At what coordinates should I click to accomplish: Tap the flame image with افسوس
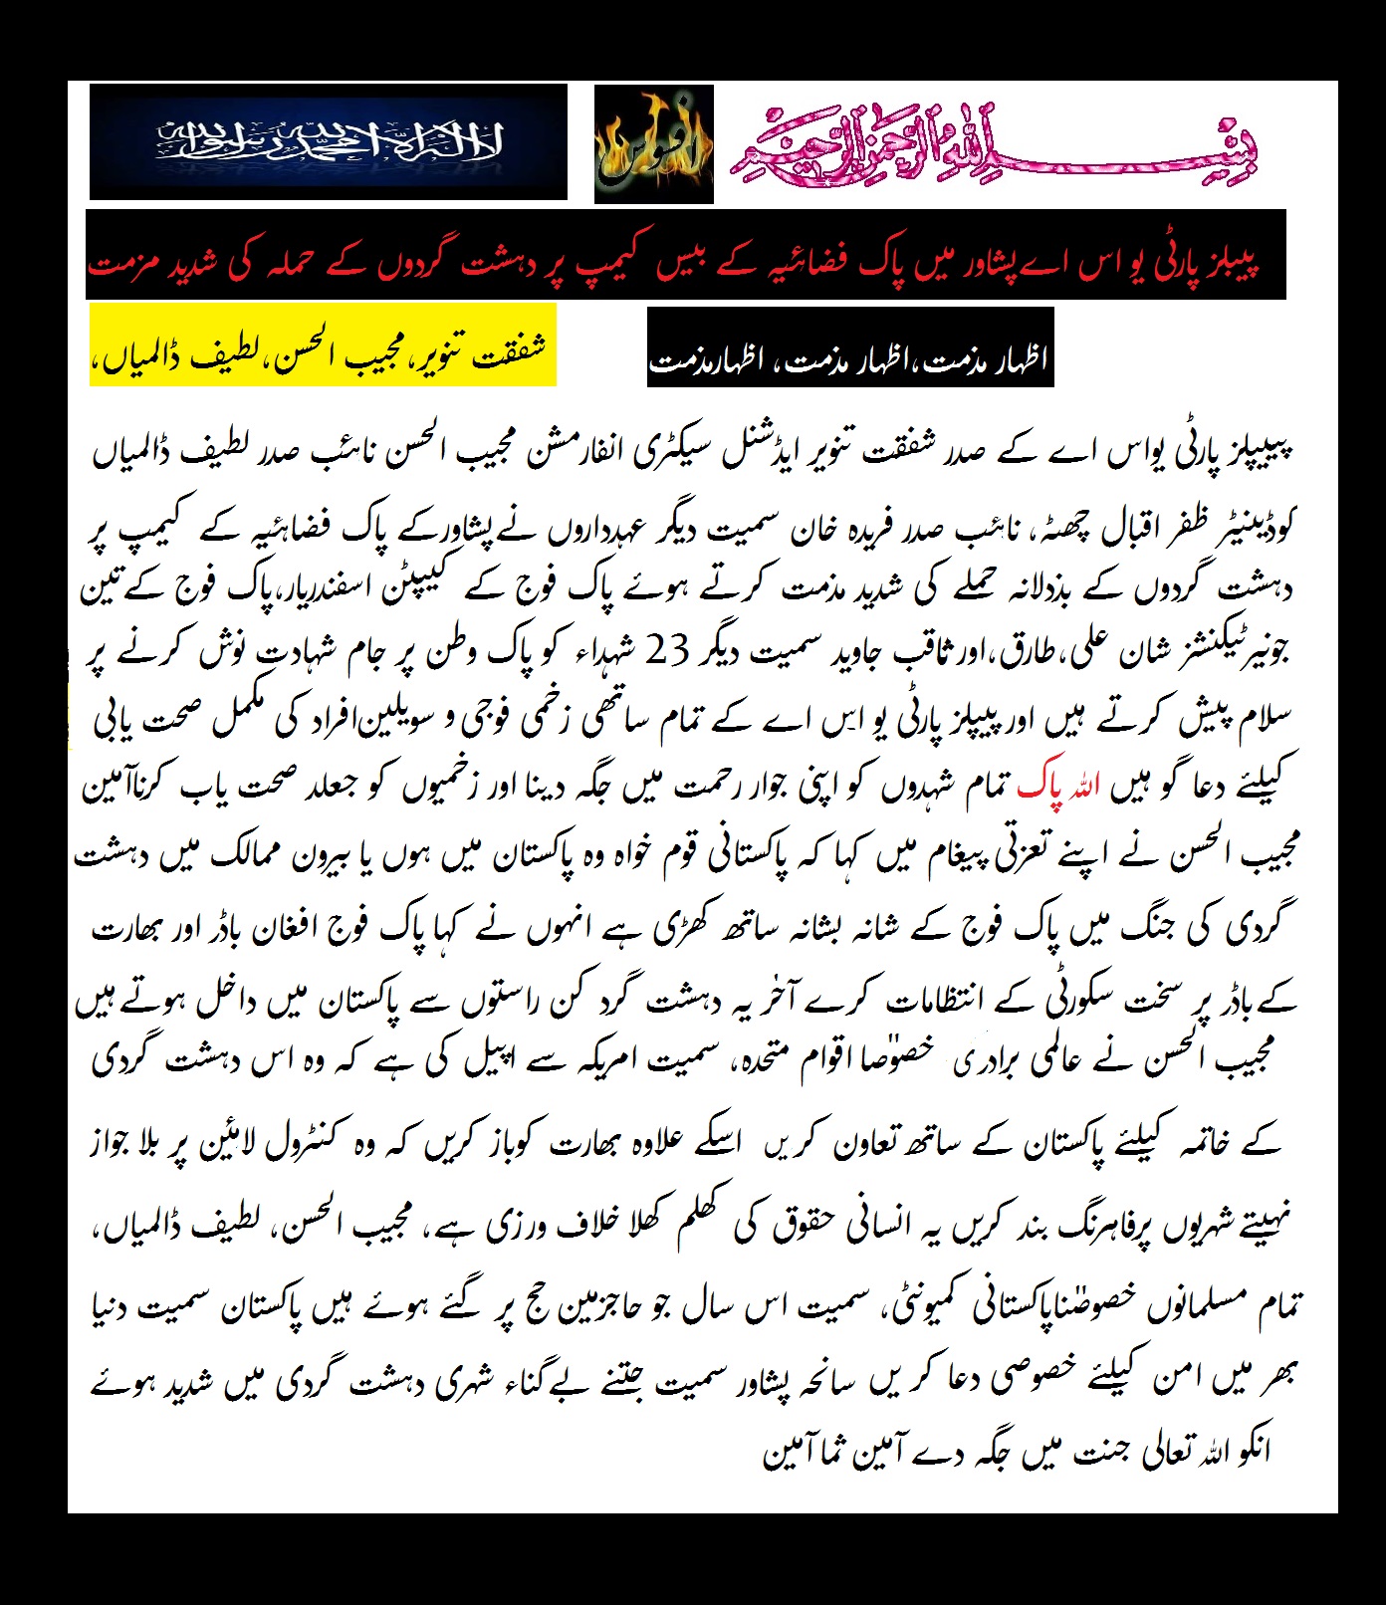(653, 145)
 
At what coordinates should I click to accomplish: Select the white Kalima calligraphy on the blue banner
(329, 142)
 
